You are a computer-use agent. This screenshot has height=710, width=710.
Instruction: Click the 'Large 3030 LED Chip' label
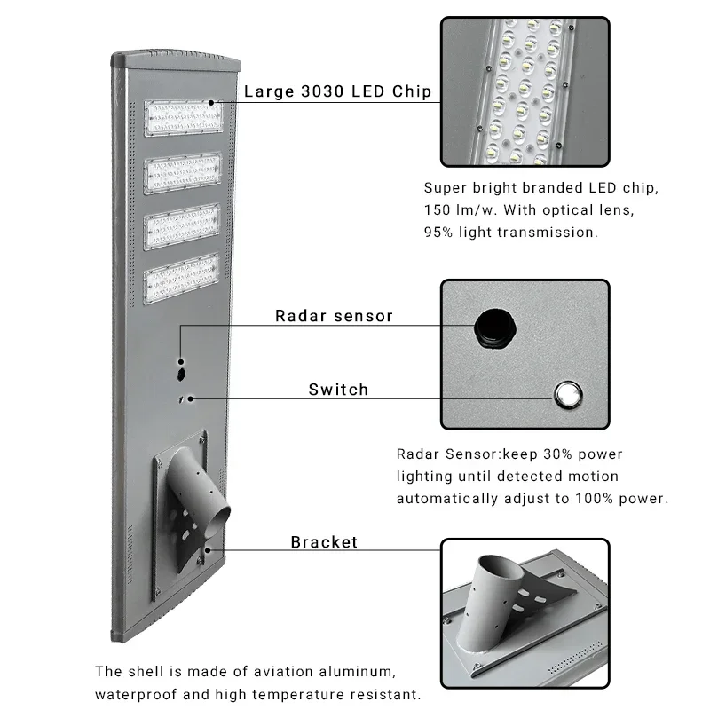(x=337, y=91)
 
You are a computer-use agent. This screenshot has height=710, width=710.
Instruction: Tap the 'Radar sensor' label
(x=334, y=316)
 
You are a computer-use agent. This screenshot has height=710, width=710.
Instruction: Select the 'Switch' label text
(x=338, y=389)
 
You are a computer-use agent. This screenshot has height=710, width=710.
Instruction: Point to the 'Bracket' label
(x=324, y=542)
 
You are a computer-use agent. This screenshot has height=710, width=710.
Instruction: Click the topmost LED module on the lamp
(x=182, y=117)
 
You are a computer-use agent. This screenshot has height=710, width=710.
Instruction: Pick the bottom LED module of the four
(x=183, y=279)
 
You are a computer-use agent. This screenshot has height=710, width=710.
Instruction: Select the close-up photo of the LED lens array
(x=525, y=91)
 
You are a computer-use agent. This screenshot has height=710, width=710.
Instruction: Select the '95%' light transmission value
(x=442, y=232)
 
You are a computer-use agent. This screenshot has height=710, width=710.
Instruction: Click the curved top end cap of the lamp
(x=176, y=61)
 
